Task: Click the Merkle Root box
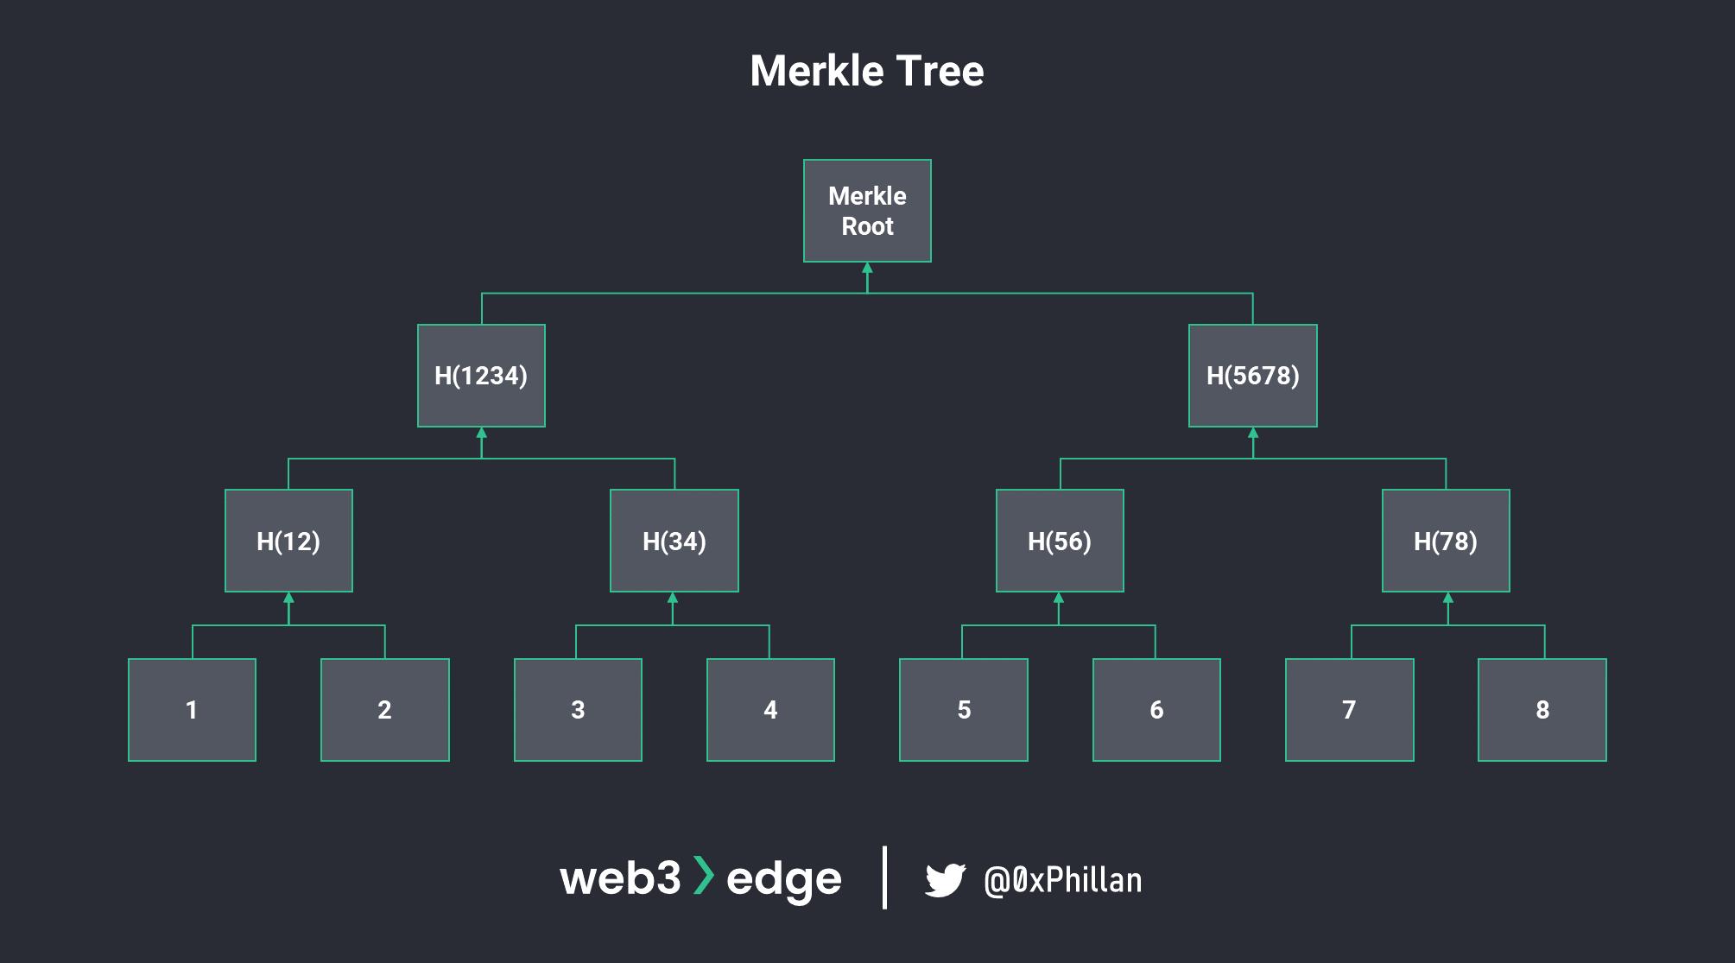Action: pyautogui.click(x=867, y=211)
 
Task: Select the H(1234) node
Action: pyautogui.click(x=481, y=376)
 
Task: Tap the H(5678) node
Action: pyautogui.click(x=1252, y=376)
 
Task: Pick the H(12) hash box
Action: pyautogui.click(x=288, y=541)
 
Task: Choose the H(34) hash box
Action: pyautogui.click(x=674, y=541)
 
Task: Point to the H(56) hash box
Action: pyautogui.click(x=1060, y=541)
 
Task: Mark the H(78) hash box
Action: pyautogui.click(x=1446, y=541)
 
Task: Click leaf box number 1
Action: pyautogui.click(x=192, y=710)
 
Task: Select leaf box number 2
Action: pyautogui.click(x=384, y=710)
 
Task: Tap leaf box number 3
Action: pyautogui.click(x=578, y=710)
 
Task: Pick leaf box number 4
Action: pyautogui.click(x=770, y=710)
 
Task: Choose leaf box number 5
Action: pyautogui.click(x=964, y=710)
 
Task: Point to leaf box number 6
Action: pyautogui.click(x=1156, y=710)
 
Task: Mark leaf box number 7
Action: pyautogui.click(x=1349, y=710)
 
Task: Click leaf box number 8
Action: pyautogui.click(x=1542, y=710)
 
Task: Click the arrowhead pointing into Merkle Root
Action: pyautogui.click(x=867, y=268)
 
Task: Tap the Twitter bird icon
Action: pyautogui.click(x=945, y=880)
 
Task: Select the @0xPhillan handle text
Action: pyautogui.click(x=1062, y=880)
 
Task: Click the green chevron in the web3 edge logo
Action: pyautogui.click(x=704, y=876)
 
